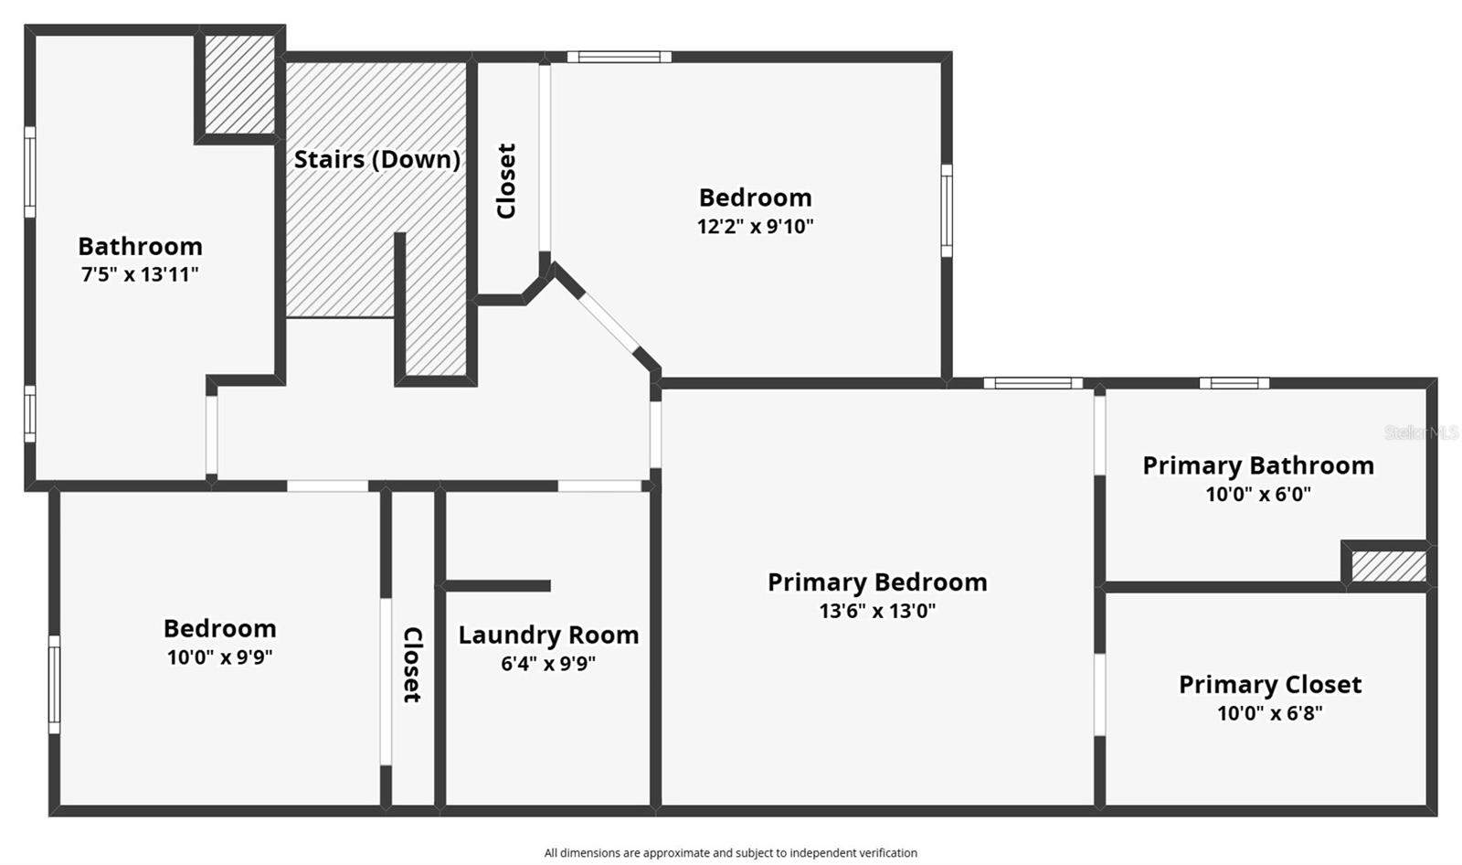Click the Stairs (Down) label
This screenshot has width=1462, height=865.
point(376,159)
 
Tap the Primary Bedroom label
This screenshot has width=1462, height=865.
point(877,582)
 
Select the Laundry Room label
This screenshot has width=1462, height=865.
point(548,635)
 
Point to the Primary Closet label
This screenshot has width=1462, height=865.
point(1270,685)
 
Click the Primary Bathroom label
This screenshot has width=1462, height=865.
point(1258,465)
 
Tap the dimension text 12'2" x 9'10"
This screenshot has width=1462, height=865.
point(755,227)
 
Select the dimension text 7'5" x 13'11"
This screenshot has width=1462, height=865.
point(140,274)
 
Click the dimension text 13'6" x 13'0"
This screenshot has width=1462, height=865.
point(877,611)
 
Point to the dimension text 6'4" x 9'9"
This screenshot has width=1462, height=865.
point(548,663)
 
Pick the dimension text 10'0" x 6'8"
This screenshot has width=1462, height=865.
point(1270,713)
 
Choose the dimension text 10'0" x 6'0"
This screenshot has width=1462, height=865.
point(1258,494)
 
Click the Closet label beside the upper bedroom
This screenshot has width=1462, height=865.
point(506,181)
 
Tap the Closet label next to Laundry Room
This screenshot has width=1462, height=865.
point(412,665)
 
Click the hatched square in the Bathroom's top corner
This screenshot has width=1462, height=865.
point(238,84)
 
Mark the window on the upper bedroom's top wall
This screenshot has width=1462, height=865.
point(620,57)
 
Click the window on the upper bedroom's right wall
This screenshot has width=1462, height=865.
point(947,210)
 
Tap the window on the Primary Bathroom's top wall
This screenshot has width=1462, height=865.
point(1234,383)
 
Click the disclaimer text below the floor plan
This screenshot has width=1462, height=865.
point(731,853)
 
